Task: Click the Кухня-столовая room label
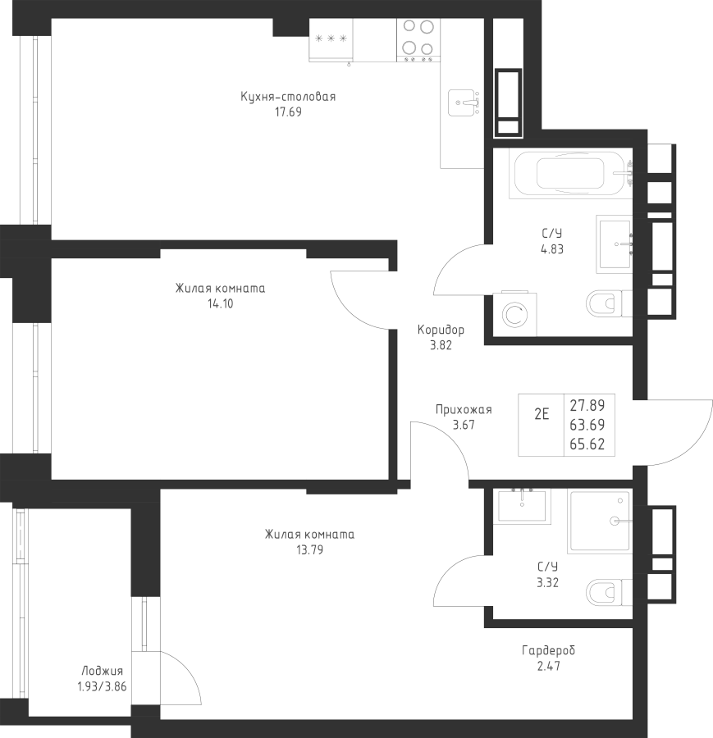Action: coord(288,97)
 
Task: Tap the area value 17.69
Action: coord(288,112)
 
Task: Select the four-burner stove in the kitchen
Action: coord(418,40)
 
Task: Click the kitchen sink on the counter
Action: coord(464,102)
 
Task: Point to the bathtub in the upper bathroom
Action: coord(570,173)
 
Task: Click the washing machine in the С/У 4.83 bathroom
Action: coord(514,314)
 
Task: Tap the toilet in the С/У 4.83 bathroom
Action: coord(610,303)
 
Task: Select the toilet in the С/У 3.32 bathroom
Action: coord(610,592)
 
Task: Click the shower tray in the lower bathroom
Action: coord(600,521)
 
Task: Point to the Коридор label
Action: coord(441,330)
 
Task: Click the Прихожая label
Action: coord(464,410)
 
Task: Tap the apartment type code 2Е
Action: coord(542,414)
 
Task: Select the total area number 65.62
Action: coord(587,444)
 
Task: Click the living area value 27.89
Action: coord(587,405)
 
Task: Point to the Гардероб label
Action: coord(549,650)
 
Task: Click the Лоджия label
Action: coord(103,671)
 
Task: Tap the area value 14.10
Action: coord(221,303)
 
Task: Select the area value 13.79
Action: coord(309,549)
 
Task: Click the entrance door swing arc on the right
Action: coord(702,440)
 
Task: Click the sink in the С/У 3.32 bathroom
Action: coord(522,504)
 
